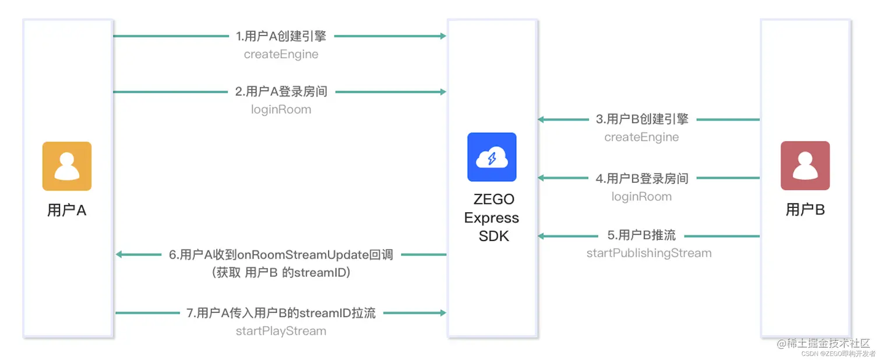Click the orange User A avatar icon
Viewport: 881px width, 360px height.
67,166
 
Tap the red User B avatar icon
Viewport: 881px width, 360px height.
805,165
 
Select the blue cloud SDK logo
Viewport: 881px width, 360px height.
492,157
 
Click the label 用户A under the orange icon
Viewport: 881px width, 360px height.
67,210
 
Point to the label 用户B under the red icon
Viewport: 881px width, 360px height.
805,210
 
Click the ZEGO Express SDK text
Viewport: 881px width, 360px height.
492,217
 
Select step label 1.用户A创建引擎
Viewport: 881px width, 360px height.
281,36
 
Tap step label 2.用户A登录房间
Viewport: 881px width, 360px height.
281,91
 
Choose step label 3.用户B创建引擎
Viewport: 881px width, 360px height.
642,119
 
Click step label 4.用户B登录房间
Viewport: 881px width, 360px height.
642,178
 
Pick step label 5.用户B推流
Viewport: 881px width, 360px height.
642,235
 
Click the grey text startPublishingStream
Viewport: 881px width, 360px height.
649,253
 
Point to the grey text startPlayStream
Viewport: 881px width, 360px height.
281,331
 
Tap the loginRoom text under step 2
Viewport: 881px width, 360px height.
281,110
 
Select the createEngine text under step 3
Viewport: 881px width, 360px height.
642,137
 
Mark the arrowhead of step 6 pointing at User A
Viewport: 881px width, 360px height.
119,255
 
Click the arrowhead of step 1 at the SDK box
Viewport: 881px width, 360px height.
443,36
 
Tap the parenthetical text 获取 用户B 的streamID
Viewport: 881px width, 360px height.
281,273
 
